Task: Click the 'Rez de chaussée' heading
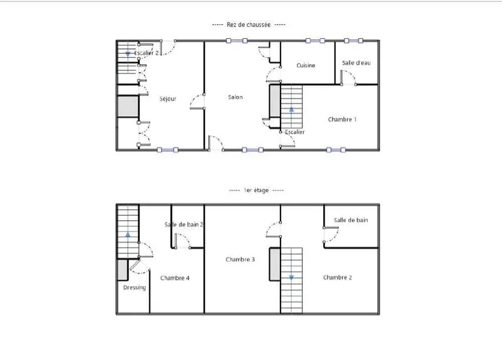248,24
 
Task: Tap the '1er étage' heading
256,191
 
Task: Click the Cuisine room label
306,65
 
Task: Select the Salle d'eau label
356,63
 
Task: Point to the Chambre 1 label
342,119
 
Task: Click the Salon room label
235,97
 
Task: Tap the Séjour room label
168,99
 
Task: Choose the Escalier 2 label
146,53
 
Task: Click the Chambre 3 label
240,260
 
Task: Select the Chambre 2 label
338,277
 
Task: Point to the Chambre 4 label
175,278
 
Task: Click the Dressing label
134,288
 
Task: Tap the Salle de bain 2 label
184,225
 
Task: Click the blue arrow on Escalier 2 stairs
128,53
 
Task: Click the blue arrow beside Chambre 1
291,109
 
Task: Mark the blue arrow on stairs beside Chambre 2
291,277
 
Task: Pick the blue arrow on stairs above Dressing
128,235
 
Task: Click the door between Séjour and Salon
197,102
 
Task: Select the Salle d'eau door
348,78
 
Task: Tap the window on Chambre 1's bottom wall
336,150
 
